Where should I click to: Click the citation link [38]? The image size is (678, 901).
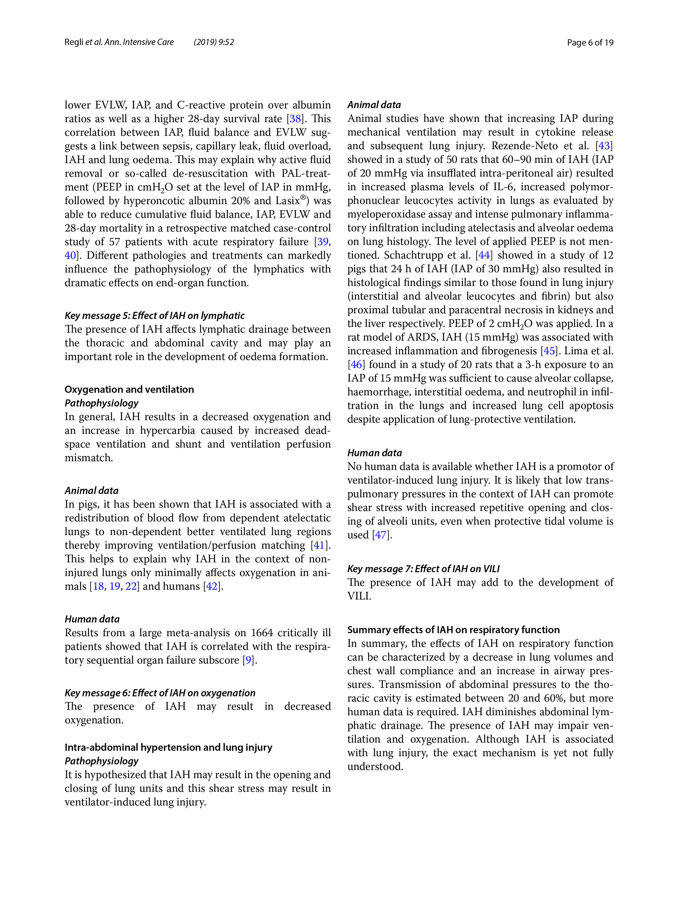pyautogui.click(x=295, y=119)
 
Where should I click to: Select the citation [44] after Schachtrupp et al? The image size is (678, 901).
pyautogui.click(x=484, y=255)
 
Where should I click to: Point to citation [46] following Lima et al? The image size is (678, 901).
pyautogui.click(x=356, y=365)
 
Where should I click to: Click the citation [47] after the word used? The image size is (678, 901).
pyautogui.click(x=380, y=535)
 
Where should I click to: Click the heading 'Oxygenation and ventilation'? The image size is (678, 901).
pyautogui.click(x=129, y=389)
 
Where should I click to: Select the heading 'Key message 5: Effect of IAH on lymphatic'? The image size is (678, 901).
pyautogui.click(x=154, y=316)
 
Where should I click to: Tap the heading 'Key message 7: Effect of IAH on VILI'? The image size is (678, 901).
pyautogui.click(x=423, y=569)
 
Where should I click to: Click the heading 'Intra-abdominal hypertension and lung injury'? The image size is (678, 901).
pyautogui.click(x=168, y=747)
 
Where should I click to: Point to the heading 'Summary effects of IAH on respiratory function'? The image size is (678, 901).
pyautogui.click(x=453, y=630)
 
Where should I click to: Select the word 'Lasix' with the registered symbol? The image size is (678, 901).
pyautogui.click(x=288, y=201)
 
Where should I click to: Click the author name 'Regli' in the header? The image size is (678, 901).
pyautogui.click(x=74, y=42)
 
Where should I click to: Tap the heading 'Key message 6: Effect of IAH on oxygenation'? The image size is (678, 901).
pyautogui.click(x=160, y=693)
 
